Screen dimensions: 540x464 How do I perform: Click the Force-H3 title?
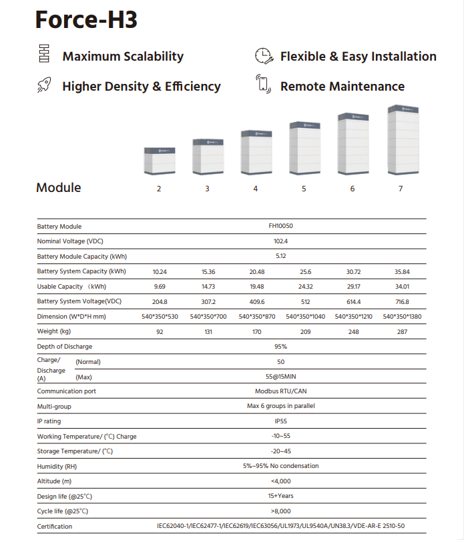point(86,19)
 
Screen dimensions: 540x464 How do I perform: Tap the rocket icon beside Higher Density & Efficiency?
point(45,85)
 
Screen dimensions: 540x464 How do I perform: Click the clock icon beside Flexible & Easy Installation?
point(264,56)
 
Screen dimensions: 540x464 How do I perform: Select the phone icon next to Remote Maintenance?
point(264,85)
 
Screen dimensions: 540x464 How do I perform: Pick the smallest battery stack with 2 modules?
point(159,159)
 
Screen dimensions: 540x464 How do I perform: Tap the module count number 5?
point(304,189)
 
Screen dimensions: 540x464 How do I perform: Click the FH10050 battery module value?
point(280,226)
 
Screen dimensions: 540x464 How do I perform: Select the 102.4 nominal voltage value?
point(280,241)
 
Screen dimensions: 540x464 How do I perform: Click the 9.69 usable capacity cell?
point(159,287)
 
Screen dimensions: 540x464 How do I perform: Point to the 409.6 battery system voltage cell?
point(256,301)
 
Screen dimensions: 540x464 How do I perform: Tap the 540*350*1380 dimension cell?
point(402,317)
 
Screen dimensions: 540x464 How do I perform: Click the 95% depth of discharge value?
point(280,347)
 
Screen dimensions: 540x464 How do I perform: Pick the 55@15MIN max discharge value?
point(280,377)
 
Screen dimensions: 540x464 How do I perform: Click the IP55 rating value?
point(280,421)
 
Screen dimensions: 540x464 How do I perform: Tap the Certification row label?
point(55,527)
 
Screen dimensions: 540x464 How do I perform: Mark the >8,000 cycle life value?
point(280,511)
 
